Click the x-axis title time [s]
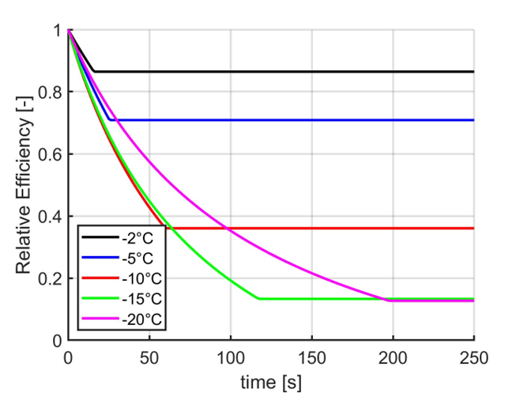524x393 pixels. (271, 380)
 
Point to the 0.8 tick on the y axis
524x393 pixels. (49, 93)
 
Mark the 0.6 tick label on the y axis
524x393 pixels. (49, 155)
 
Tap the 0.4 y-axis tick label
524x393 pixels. (49, 217)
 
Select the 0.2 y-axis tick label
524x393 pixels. (49, 278)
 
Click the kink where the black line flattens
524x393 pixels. (94, 71)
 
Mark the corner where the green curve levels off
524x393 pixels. (259, 299)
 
